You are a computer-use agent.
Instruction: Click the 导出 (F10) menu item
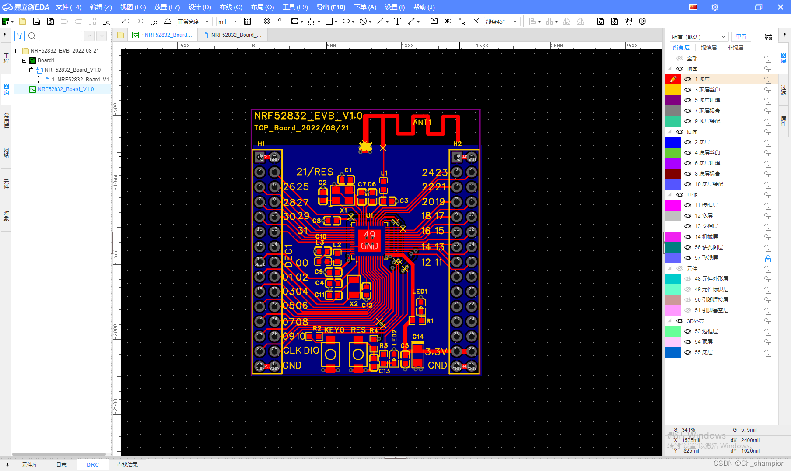click(331, 7)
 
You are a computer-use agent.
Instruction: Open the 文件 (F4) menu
click(69, 7)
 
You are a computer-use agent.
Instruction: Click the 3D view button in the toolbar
click(140, 21)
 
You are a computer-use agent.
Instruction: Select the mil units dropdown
click(228, 21)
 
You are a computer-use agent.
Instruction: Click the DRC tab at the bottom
click(93, 464)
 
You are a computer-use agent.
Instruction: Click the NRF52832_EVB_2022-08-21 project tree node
click(65, 51)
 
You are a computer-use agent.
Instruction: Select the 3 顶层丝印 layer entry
click(707, 90)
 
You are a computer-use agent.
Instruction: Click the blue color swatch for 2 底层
click(673, 142)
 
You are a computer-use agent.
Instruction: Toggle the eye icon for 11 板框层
click(688, 205)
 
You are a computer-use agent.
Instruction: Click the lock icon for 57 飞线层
click(768, 258)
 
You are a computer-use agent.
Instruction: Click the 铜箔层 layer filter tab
click(708, 48)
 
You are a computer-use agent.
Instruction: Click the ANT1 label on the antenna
click(422, 122)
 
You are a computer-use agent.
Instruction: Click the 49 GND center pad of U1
click(369, 240)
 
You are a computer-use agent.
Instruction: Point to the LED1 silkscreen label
click(419, 292)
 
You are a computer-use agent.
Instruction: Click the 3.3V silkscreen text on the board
click(436, 351)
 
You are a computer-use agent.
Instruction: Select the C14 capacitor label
click(418, 337)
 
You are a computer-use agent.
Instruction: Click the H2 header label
click(457, 144)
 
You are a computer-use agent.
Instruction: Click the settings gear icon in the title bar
click(715, 7)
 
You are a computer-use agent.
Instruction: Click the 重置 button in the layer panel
click(741, 37)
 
